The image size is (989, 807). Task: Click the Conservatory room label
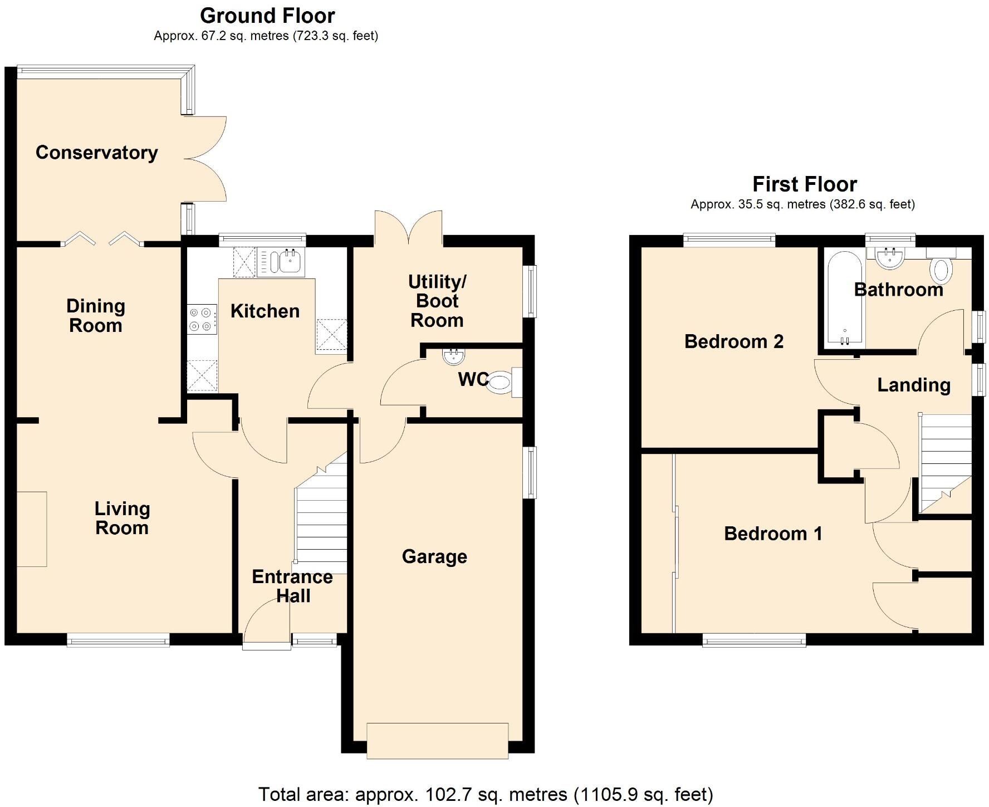pyautogui.click(x=96, y=153)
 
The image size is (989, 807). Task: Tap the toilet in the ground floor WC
pyautogui.click(x=501, y=383)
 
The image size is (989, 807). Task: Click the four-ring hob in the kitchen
pyautogui.click(x=202, y=319)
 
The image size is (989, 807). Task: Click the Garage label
pyautogui.click(x=434, y=556)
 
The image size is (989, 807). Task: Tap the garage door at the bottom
pyautogui.click(x=437, y=740)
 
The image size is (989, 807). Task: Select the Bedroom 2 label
pyautogui.click(x=733, y=341)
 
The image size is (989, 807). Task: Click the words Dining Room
pyautogui.click(x=96, y=316)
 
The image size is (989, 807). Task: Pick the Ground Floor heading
pyautogui.click(x=267, y=15)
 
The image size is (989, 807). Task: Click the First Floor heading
pyautogui.click(x=804, y=184)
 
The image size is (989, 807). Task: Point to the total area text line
pyautogui.click(x=485, y=794)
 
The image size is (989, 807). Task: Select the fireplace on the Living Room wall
pyautogui.click(x=31, y=529)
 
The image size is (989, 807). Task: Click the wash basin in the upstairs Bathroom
pyautogui.click(x=889, y=258)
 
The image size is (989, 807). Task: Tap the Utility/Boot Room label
pyautogui.click(x=437, y=301)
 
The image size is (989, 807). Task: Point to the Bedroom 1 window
pyautogui.click(x=754, y=640)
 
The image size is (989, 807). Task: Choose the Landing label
pyautogui.click(x=913, y=385)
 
